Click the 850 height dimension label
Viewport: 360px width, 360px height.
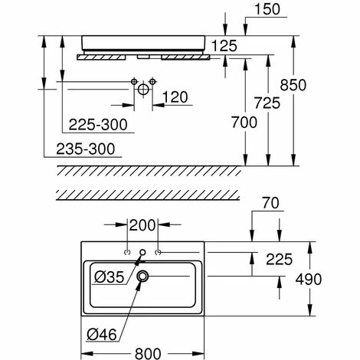293,85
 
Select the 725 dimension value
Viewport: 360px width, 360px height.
267,103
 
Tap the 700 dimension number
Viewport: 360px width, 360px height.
244,122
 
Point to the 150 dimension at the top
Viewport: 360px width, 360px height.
267,9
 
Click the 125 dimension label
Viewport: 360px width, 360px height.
224,46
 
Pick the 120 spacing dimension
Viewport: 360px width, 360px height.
175,97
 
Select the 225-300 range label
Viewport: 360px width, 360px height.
98,125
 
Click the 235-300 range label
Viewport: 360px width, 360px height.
86,149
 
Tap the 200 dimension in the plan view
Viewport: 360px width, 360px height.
142,225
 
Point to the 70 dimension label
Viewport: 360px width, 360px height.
270,203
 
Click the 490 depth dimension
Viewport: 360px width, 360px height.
309,279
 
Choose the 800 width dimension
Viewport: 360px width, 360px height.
148,354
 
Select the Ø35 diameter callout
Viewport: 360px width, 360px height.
110,277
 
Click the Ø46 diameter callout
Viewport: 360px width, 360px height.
102,334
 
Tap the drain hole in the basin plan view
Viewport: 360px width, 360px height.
142,276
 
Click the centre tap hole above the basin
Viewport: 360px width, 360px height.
142,252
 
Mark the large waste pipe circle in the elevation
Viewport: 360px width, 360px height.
143,90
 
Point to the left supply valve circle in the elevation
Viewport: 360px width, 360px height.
134,82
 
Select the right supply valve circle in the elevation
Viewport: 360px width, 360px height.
152,82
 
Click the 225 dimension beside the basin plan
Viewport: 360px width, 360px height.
279,260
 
